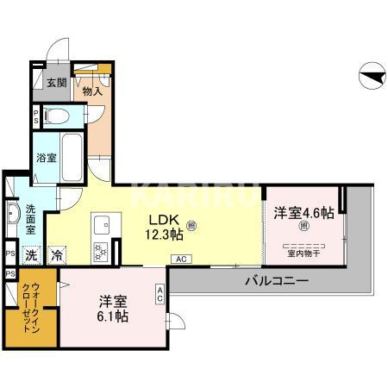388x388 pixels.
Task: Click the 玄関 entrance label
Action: click(55, 83)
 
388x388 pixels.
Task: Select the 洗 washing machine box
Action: click(30, 254)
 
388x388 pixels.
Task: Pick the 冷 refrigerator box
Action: click(56, 254)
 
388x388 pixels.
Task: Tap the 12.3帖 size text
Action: click(164, 234)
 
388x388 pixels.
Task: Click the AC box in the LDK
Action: click(181, 258)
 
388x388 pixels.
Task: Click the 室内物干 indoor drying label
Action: click(303, 253)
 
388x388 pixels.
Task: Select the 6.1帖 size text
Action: click(113, 316)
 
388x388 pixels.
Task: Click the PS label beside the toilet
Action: click(35, 116)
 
